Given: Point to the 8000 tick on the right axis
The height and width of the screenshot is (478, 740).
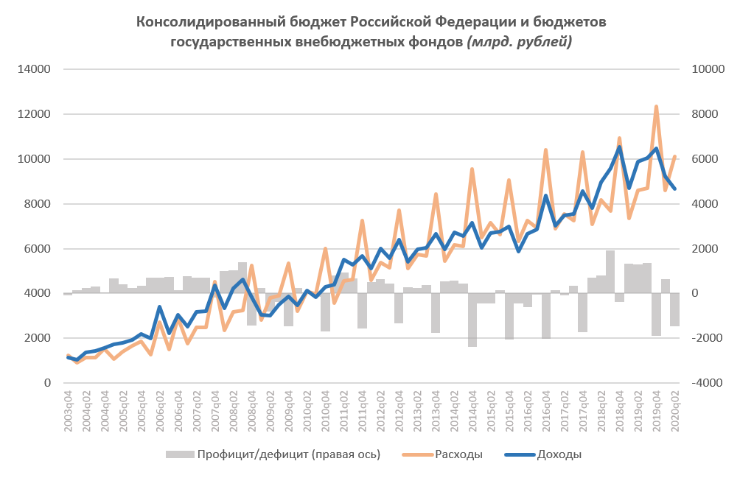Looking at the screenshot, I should pos(706,115).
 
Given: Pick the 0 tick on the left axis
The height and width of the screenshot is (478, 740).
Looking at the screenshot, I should pos(46,383).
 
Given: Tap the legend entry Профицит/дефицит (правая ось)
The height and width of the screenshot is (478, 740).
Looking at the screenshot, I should pos(288,454).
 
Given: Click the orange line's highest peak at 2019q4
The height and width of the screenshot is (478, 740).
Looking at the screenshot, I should pos(656,107).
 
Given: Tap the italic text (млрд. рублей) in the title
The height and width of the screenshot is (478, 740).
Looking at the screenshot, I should pos(520,42).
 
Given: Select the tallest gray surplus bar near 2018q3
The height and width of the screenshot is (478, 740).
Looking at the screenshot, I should pos(610,272).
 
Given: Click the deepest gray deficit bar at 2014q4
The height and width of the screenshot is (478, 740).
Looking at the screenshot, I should pos(472,320).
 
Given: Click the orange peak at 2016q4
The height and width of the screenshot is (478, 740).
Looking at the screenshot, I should pos(545,150).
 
